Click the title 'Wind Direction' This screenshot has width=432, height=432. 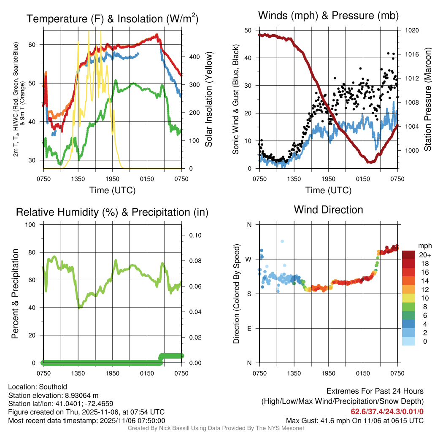coord(328,210)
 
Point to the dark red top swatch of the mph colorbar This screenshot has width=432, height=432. coord(408,254)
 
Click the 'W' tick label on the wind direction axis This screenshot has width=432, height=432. coord(248,259)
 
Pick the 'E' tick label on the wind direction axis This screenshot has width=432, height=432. coord(249,328)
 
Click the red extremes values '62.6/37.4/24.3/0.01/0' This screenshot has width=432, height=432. coord(387,411)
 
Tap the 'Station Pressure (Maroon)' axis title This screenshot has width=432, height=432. coord(427,99)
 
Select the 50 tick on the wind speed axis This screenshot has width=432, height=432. coord(248,30)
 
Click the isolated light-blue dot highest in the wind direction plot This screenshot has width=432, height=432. coord(282,241)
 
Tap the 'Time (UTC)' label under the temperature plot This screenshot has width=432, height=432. coord(112,190)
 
